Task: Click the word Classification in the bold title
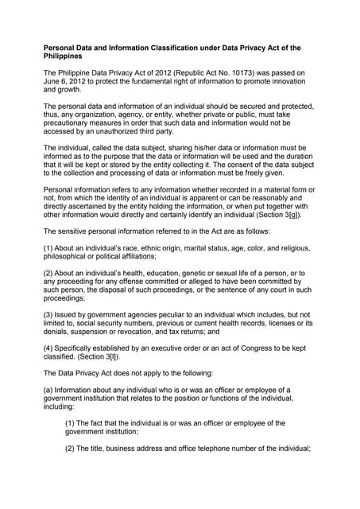[184, 49]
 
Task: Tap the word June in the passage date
[53, 82]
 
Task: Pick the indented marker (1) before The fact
[71, 423]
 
